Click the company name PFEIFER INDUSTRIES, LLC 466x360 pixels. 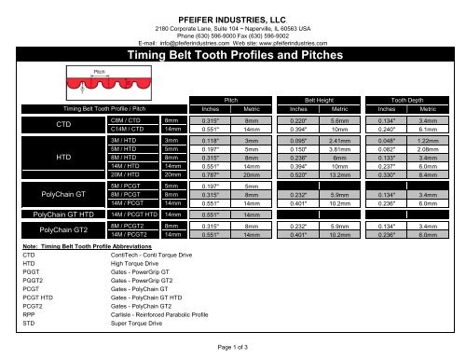tap(232, 8)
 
